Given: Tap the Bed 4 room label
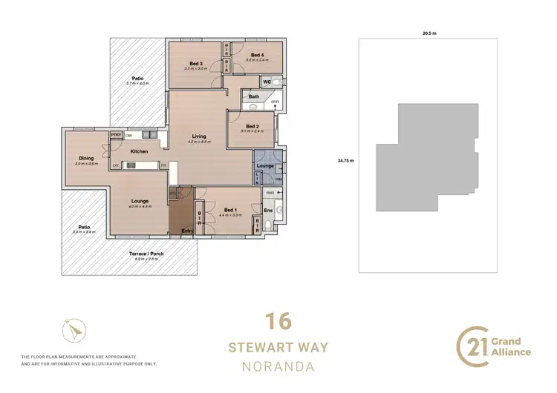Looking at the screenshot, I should tap(257, 55).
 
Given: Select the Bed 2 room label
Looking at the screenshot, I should tap(253, 126).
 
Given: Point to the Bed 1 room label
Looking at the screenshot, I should tap(231, 210).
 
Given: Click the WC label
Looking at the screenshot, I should tap(265, 82).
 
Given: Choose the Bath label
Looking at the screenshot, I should tap(254, 96).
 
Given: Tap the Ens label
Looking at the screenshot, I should tap(269, 210).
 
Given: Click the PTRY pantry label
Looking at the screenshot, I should tap(116, 135).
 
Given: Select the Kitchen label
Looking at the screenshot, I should tap(140, 151).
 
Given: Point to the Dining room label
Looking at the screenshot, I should tap(86, 158).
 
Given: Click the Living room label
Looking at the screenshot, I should tap(199, 136).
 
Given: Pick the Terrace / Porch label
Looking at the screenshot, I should tap(143, 254).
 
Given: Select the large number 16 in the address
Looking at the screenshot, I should tap(278, 322).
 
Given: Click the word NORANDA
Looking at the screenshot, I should tap(278, 366).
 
